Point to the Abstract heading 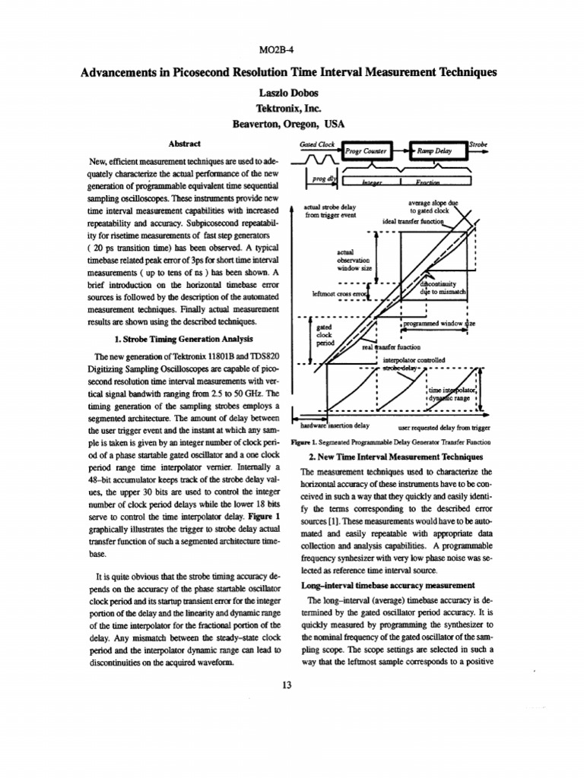pos(184,144)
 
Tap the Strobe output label pos(479,143)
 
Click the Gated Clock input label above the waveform pos(319,144)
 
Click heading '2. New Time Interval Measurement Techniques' pos(395,457)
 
